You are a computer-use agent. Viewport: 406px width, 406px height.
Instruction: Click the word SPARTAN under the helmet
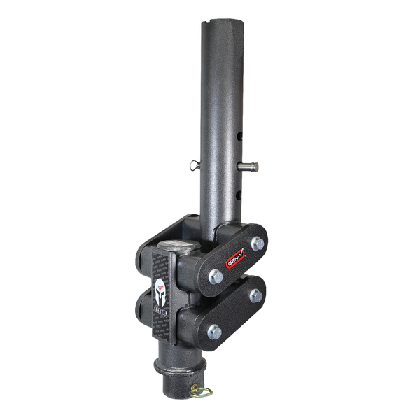[x=160, y=314]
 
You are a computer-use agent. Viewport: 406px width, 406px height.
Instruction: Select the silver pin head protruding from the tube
[x=249, y=167]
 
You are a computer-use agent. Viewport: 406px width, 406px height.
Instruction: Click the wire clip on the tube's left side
[x=195, y=165]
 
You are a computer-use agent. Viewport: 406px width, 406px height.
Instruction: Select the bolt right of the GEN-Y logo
[x=258, y=243]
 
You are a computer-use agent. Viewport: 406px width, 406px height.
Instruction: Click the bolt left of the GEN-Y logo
[x=216, y=276]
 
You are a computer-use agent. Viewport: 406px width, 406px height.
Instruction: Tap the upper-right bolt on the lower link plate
[x=256, y=295]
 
